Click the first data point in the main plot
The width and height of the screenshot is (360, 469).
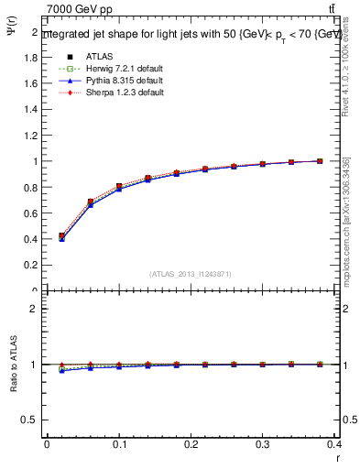[61, 236]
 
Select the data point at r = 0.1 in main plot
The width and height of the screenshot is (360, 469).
[119, 187]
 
